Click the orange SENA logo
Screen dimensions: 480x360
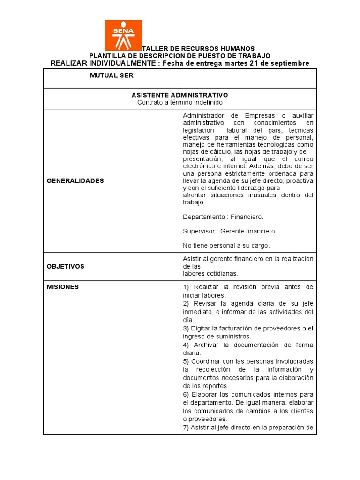[123, 35]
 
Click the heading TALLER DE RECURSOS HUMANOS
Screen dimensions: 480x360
[198, 48]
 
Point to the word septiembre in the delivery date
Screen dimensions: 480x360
[287, 63]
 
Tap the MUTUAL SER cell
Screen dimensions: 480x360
[112, 75]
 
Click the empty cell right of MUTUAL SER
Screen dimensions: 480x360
[248, 79]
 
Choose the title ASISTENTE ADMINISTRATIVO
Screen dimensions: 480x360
[180, 95]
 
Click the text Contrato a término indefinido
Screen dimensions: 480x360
[180, 102]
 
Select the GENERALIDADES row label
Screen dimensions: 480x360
[75, 180]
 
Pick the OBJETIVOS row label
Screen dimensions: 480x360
[66, 266]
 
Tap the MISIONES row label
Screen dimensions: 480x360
[63, 287]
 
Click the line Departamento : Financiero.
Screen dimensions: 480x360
[223, 217]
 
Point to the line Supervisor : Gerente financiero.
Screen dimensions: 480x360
[230, 231]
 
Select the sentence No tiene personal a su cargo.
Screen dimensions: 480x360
[226, 245]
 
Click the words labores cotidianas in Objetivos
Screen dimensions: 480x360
[210, 273]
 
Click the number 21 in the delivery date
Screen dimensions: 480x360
[253, 63]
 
